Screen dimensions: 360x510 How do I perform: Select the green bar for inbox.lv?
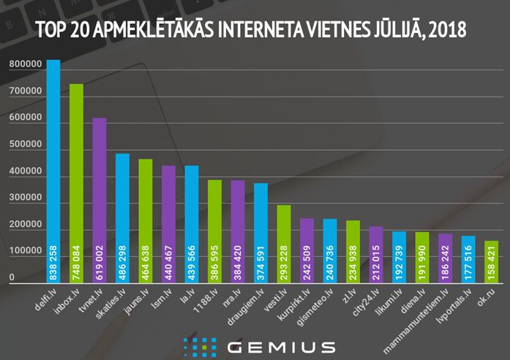tap(76, 183)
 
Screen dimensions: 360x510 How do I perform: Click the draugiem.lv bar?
tap(260, 234)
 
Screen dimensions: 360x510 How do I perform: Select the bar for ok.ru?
tap(491, 262)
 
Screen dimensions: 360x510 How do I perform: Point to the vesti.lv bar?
tap(284, 245)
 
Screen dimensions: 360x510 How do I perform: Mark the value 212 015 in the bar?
tap(376, 262)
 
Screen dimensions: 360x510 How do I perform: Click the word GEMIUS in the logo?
tap(281, 346)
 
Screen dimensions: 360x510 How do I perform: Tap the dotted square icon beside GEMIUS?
tap(200, 346)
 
